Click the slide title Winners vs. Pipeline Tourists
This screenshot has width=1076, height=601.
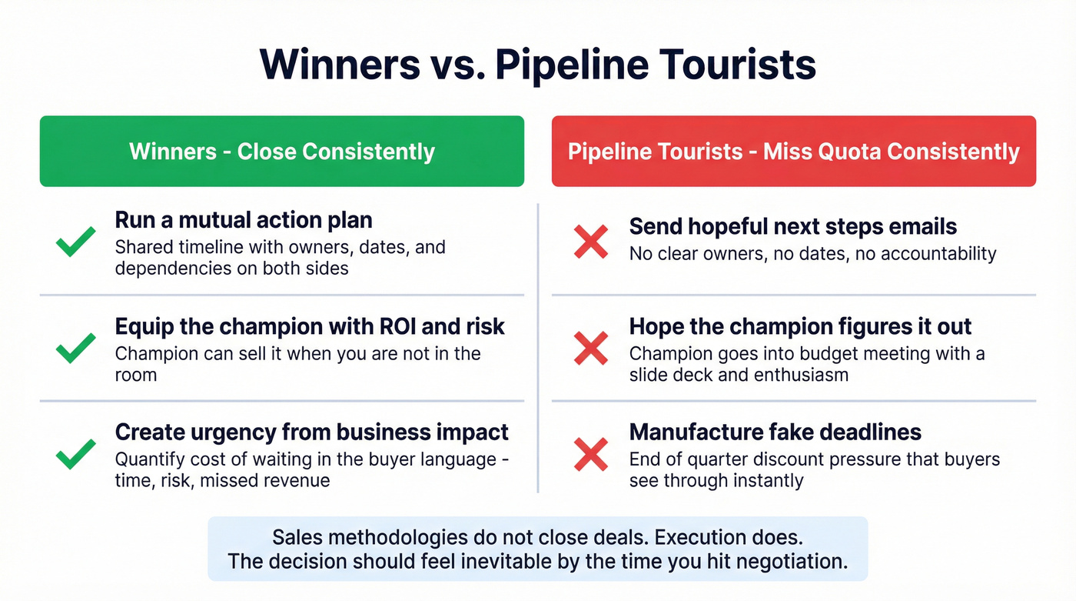pos(537,65)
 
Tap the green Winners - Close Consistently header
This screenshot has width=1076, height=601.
pos(282,151)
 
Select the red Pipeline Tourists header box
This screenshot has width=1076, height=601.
pos(793,151)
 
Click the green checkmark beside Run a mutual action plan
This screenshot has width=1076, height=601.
pos(76,242)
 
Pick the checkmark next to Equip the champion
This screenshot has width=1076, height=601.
pos(76,348)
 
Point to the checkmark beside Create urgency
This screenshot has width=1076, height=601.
pos(76,454)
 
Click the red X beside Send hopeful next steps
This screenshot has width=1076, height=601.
pos(591,242)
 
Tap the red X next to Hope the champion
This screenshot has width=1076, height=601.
pos(591,348)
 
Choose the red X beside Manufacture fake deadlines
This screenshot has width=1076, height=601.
pos(591,454)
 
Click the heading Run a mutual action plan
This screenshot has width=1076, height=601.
pos(244,220)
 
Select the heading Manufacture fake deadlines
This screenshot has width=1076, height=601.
pos(775,432)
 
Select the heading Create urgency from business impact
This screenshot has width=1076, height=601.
pos(311,432)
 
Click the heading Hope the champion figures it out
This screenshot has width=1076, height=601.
pos(800,326)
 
